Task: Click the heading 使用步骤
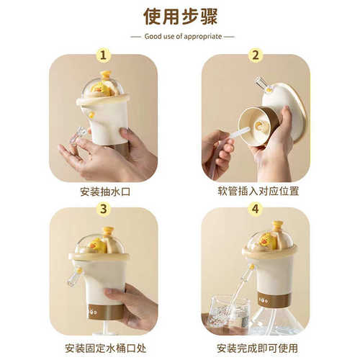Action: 179,17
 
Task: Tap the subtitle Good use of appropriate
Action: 179,36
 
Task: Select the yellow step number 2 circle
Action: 256,56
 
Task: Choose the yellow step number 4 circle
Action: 256,209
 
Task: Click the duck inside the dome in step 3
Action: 98,245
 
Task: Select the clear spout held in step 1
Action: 78,138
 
